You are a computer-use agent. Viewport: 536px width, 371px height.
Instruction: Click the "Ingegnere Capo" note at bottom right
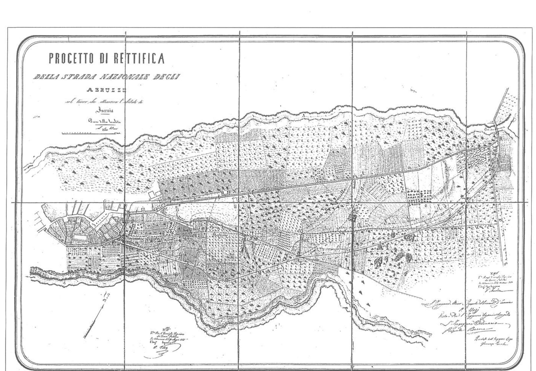point(492,342)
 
